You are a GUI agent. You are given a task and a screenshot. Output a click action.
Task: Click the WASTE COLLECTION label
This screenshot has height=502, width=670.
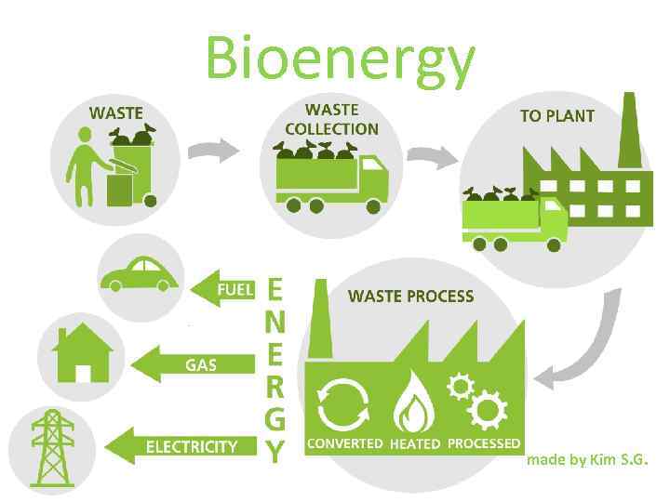(x=331, y=119)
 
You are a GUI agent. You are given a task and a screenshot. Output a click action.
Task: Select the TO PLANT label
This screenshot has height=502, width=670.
(x=556, y=116)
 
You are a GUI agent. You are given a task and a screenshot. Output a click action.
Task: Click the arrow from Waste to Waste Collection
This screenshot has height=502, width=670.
(x=212, y=149)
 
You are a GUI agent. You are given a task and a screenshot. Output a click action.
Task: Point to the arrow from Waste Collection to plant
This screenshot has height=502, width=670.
(x=427, y=157)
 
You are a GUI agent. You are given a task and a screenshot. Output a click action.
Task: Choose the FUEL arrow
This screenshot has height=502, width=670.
(x=222, y=289)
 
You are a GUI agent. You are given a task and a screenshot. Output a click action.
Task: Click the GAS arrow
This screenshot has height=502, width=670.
(x=194, y=364)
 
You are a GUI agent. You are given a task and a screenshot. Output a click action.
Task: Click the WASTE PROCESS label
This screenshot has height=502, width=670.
(x=410, y=297)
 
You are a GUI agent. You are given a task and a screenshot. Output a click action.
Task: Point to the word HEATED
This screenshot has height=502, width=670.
(x=414, y=444)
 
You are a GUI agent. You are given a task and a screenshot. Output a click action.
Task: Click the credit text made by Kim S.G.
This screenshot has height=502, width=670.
(x=587, y=460)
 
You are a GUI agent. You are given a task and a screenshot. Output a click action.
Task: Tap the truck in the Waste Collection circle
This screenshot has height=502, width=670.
(x=331, y=178)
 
